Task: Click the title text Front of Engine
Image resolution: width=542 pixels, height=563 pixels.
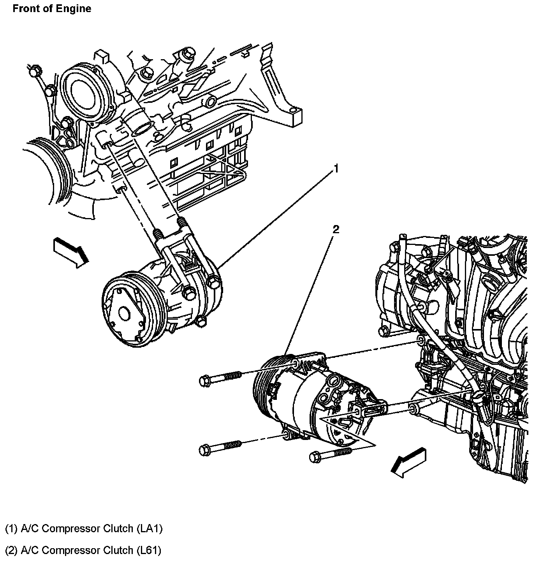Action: point(52,9)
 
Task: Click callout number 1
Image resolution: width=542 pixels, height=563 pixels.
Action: point(336,169)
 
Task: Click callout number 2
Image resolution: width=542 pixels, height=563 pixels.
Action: point(335,229)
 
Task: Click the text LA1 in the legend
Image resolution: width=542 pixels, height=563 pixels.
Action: point(150,529)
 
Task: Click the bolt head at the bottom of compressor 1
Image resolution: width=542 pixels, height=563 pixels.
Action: point(201,321)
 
